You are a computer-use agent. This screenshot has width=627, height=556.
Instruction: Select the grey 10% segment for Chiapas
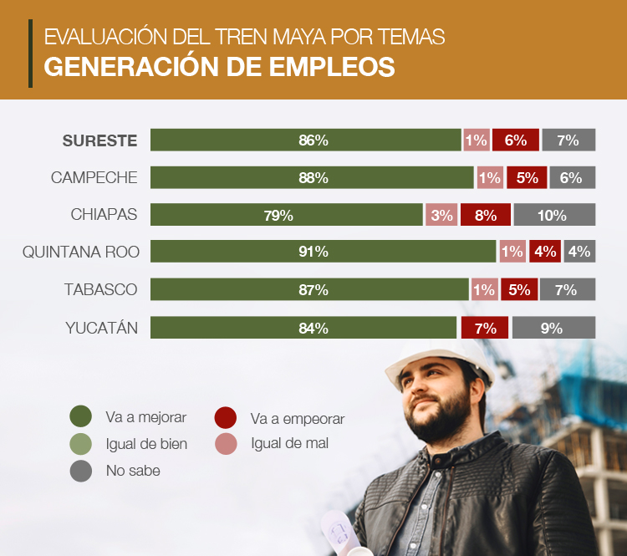click(x=553, y=215)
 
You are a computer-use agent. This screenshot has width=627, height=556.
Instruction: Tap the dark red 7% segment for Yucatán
click(x=484, y=328)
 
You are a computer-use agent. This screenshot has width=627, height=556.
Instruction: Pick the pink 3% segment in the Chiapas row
click(x=441, y=215)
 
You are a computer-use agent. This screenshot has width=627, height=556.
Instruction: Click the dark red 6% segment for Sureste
click(x=515, y=140)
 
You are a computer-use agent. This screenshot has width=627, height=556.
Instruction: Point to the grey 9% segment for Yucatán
click(x=553, y=328)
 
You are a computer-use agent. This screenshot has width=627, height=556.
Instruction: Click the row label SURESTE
click(x=99, y=140)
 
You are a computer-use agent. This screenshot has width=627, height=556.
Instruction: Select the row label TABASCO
click(x=100, y=289)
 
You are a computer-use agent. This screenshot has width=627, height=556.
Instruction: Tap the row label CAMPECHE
click(x=94, y=177)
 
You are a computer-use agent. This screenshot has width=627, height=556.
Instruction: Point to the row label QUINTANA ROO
click(x=80, y=252)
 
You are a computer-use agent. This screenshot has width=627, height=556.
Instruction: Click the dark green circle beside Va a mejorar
click(x=81, y=416)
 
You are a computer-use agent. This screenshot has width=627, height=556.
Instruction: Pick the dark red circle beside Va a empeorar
click(x=226, y=417)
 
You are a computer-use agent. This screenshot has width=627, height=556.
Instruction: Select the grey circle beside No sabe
click(x=81, y=471)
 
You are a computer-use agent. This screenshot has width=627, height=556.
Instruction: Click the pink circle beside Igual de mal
click(x=226, y=443)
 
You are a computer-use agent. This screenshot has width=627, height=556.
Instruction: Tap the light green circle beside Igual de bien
click(x=81, y=444)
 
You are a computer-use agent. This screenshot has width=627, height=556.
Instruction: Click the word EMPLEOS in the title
click(x=327, y=67)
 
